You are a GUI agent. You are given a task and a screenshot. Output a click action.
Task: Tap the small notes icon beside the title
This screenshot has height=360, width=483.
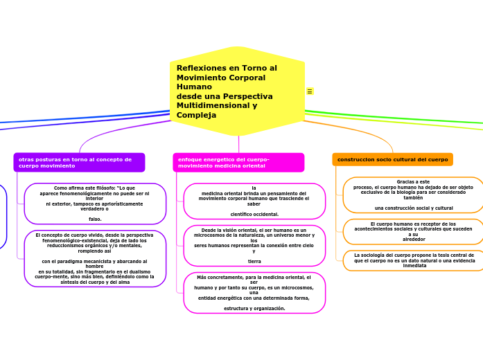pos(310,91)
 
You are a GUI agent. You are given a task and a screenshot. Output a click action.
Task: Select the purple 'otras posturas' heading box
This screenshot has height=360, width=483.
pos(79,163)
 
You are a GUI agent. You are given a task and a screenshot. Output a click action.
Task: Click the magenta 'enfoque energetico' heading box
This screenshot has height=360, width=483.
pos(238,163)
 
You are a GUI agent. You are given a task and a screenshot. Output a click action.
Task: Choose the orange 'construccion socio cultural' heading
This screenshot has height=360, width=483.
pos(392,159)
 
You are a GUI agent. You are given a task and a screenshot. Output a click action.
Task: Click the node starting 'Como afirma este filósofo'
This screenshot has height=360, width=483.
pos(95,204)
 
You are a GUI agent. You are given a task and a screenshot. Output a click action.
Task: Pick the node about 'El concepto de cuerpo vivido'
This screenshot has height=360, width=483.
pos(95,258)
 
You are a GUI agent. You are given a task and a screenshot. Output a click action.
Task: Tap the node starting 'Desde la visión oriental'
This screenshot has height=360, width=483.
pos(254,246)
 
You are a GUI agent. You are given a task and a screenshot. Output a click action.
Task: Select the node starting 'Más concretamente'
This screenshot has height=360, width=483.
pos(254,293)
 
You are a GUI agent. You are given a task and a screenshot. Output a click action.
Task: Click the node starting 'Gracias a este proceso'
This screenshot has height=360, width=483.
pos(413,195)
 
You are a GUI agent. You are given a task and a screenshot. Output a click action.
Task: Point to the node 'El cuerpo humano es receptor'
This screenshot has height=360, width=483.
pos(413,232)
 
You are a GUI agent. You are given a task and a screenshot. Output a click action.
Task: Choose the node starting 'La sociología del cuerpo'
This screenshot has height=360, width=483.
pos(413,260)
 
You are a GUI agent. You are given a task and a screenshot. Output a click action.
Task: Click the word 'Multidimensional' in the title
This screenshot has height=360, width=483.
pos(209,105)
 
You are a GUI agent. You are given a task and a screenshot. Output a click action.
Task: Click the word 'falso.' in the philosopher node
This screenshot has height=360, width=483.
pos(95,219)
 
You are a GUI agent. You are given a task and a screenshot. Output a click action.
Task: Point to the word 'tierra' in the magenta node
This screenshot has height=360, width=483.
pos(254,262)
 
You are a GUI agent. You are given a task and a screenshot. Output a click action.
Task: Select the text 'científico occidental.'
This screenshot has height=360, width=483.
pos(254,214)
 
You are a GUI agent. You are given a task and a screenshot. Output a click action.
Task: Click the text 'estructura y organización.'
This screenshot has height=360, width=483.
pos(254,308)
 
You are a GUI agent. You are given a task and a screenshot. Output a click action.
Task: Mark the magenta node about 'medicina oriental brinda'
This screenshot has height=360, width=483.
pos(254,201)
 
